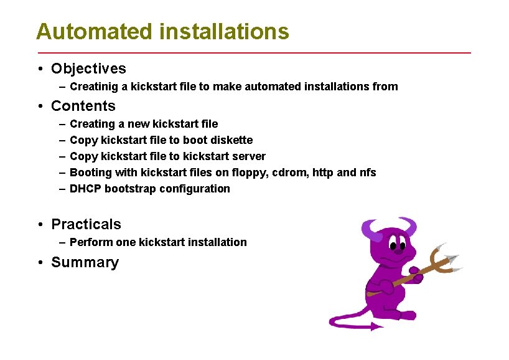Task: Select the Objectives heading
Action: point(88,69)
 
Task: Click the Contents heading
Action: point(83,106)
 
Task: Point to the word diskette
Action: point(231,140)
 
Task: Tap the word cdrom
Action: point(287,173)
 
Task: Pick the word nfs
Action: point(368,173)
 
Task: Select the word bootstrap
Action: point(130,189)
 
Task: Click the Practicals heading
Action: point(86,224)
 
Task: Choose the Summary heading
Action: point(85,262)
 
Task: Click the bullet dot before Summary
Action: point(39,262)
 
